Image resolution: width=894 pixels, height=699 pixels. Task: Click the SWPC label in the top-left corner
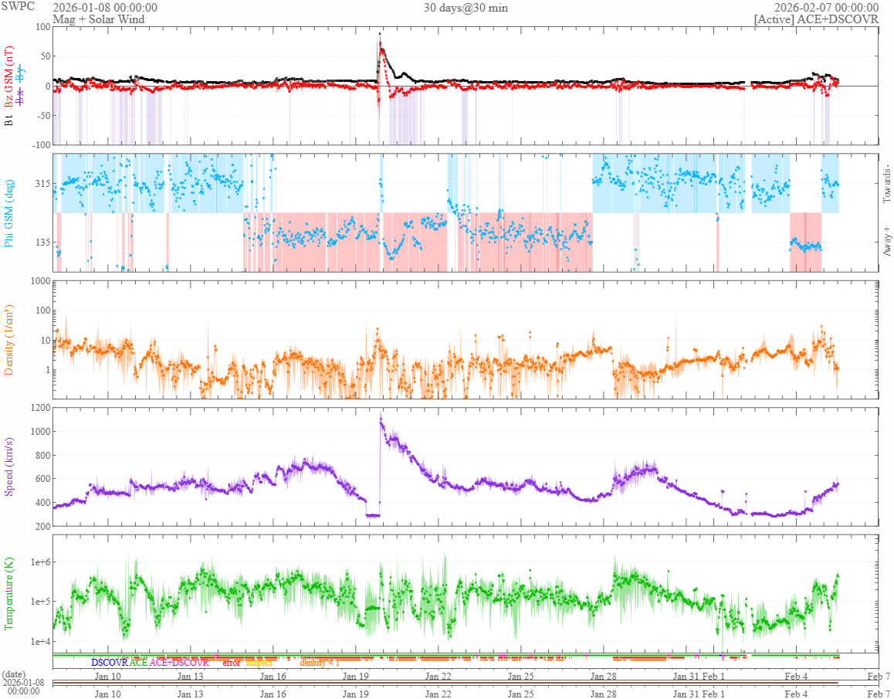pyautogui.click(x=18, y=8)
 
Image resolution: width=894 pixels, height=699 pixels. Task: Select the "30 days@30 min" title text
pyautogui.click(x=466, y=8)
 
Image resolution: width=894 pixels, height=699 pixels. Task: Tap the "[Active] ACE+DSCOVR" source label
pyautogui.click(x=816, y=19)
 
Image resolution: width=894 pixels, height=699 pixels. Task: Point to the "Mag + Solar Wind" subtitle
pyautogui.click(x=96, y=19)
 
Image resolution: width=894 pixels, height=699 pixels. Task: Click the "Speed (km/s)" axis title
pyautogui.click(x=10, y=467)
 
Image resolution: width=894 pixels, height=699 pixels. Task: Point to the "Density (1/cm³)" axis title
pyautogui.click(x=10, y=340)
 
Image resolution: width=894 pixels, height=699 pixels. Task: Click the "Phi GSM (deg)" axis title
pyautogui.click(x=10, y=212)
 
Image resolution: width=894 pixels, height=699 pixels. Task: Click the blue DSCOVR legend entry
pyautogui.click(x=109, y=663)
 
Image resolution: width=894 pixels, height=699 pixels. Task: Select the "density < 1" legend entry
pyautogui.click(x=320, y=663)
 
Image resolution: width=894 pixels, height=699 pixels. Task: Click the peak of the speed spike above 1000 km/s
pyautogui.click(x=381, y=418)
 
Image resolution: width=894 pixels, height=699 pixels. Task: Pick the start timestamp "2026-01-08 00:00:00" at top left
pyautogui.click(x=105, y=8)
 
